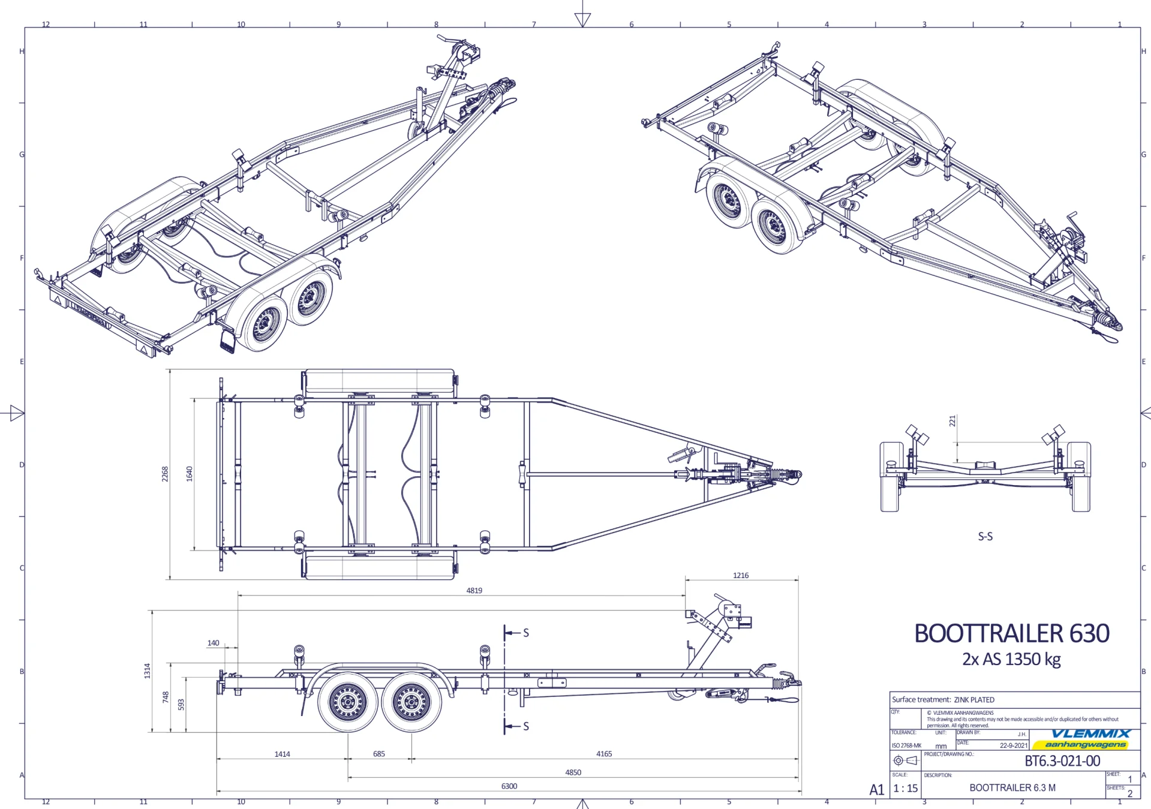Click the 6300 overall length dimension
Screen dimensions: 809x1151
coord(509,786)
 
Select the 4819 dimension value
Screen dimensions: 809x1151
coord(474,591)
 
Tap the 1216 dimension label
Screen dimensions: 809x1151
coord(741,576)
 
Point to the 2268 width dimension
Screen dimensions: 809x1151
coord(165,474)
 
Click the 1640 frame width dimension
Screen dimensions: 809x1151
coord(190,474)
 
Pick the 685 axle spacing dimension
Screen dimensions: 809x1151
coord(379,754)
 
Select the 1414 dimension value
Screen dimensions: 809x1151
coord(282,754)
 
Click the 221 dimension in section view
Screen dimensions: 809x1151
coord(952,421)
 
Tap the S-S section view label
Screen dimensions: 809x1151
coord(985,537)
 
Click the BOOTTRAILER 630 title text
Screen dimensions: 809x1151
coord(1011,634)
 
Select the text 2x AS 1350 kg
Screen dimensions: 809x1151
coord(1011,659)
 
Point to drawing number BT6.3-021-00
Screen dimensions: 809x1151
coord(1062,761)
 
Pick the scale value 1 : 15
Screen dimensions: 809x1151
coord(905,789)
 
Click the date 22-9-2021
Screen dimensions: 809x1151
coord(1014,745)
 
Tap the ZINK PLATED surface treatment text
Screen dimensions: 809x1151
coord(974,700)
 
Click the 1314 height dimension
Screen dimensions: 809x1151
coord(148,671)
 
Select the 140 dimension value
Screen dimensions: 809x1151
coord(213,643)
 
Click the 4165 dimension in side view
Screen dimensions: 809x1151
coord(604,754)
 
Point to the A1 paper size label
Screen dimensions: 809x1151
coord(876,790)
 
